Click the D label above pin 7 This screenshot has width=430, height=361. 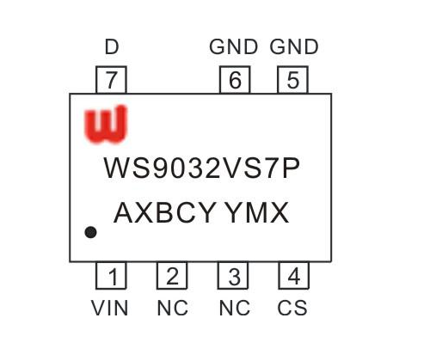(112, 46)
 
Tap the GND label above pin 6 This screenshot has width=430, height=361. (234, 46)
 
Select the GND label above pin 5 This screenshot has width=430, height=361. (294, 46)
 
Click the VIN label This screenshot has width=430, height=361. (109, 308)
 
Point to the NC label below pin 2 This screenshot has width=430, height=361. (173, 308)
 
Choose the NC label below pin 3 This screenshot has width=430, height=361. (235, 308)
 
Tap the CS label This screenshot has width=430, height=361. (292, 308)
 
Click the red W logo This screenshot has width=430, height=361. (106, 125)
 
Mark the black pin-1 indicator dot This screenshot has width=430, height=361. (90, 232)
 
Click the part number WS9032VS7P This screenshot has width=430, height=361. (202, 168)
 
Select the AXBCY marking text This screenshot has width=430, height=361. (165, 212)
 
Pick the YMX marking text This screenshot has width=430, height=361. (256, 212)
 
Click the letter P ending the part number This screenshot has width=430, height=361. (291, 168)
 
